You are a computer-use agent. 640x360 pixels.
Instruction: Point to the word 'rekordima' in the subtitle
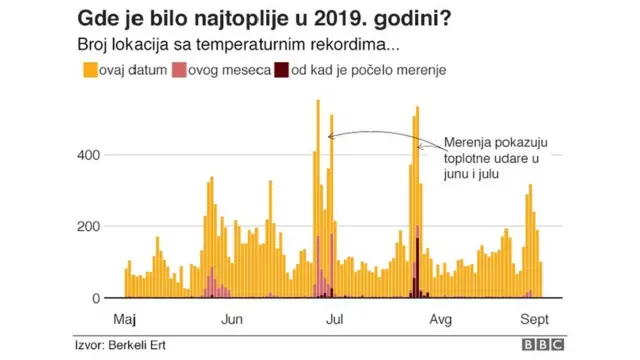point(358,45)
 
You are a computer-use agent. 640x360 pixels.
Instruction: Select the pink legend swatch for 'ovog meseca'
point(180,71)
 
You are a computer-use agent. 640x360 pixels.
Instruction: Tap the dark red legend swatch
point(282,71)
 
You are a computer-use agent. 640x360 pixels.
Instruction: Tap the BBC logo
point(542,345)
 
